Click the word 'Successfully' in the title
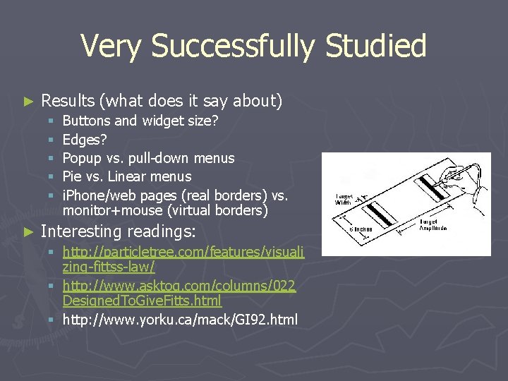tap(232, 47)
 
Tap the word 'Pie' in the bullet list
tap(73, 176)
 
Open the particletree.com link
tap(183, 252)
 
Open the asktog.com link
tap(179, 285)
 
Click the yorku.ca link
tap(180, 320)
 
